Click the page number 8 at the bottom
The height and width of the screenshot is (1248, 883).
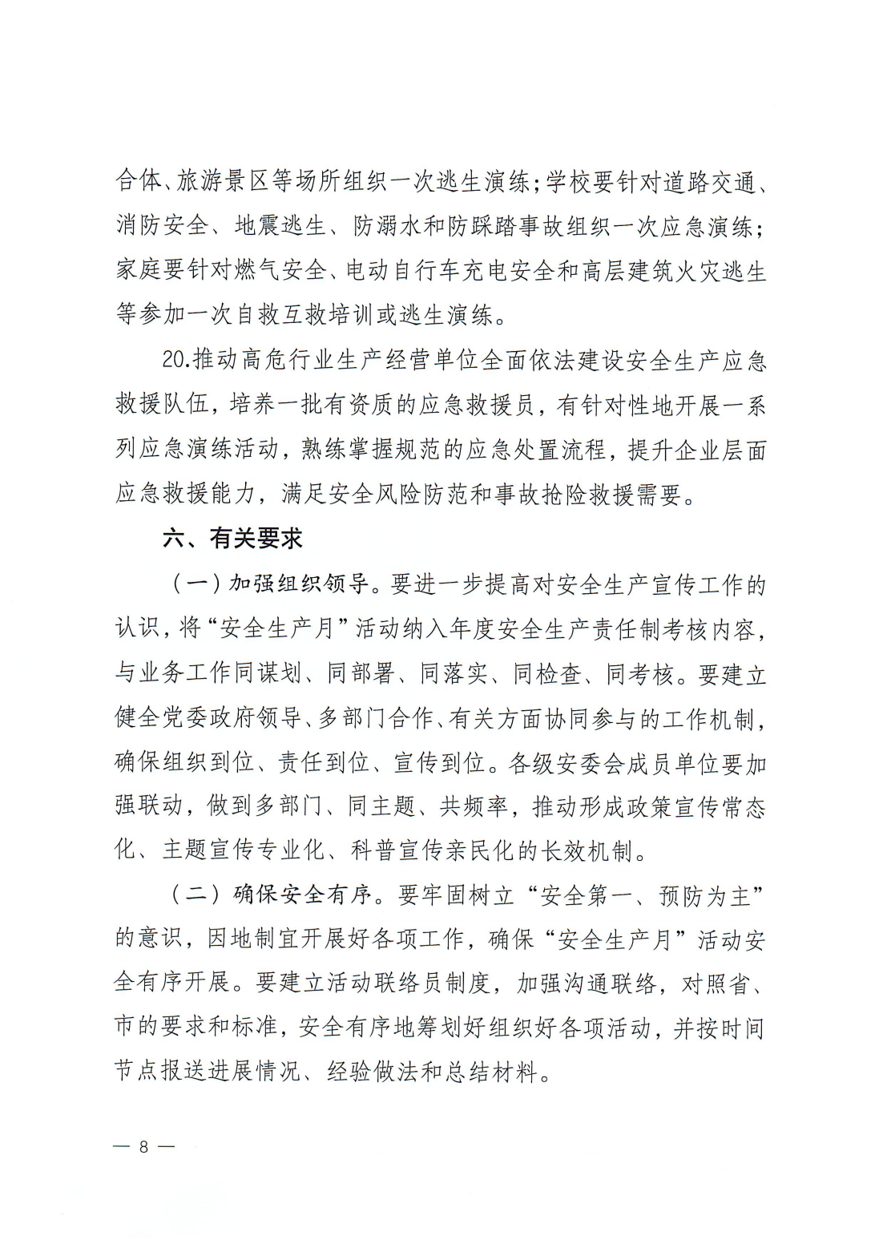coord(144,1147)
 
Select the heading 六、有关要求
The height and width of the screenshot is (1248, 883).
coord(232,539)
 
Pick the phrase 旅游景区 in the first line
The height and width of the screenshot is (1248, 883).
coord(224,182)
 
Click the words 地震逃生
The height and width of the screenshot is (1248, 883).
coord(280,227)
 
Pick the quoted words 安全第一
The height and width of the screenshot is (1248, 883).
coord(587,895)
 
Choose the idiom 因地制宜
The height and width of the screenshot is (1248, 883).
coord(253,939)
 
